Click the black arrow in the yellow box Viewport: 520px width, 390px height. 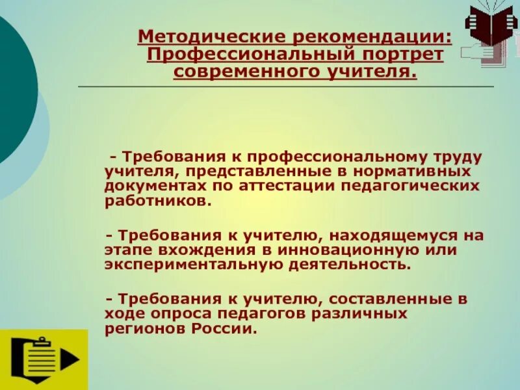coord(70,359)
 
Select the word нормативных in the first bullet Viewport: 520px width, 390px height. coord(422,172)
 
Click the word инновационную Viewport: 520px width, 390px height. coord(361,250)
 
